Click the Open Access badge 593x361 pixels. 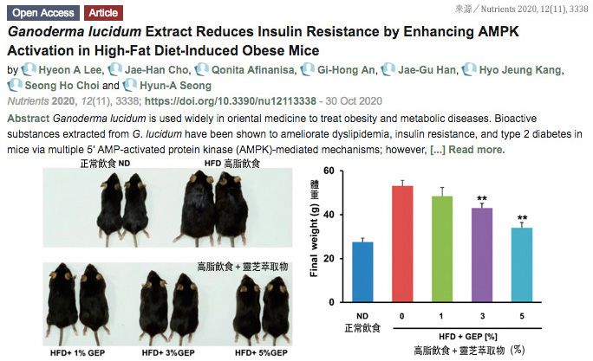43,14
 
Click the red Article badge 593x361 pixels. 102,14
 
